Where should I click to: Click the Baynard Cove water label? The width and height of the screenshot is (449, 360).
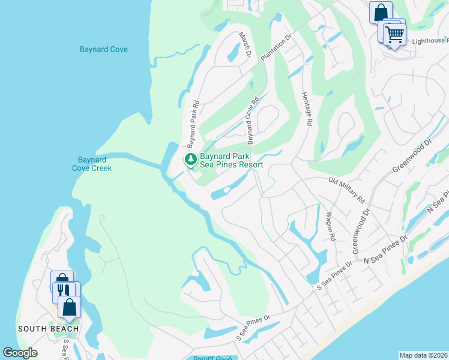tap(103, 49)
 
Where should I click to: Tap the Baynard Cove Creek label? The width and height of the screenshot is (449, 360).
tap(92, 164)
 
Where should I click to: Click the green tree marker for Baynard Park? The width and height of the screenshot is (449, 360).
tap(190, 160)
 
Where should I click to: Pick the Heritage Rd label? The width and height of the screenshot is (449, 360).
tap(307, 109)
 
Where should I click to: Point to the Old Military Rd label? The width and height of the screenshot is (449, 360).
tap(346, 188)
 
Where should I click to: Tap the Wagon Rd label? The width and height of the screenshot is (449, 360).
tap(330, 226)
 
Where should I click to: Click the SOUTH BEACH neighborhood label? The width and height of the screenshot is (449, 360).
tap(49, 329)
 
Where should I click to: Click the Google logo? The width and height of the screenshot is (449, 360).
tap(20, 353)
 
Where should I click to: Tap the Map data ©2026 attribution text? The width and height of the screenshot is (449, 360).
tap(423, 355)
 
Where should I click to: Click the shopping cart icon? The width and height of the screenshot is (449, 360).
tap(394, 35)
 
